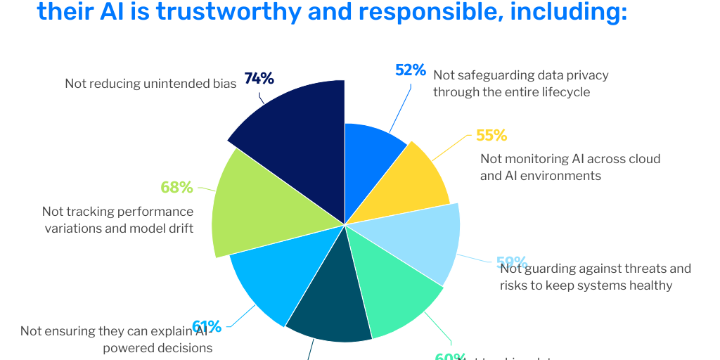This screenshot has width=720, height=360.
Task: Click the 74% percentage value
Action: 259,79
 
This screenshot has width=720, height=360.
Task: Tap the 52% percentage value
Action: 411,70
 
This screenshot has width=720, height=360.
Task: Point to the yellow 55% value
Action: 491,135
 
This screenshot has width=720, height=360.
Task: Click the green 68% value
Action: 176,188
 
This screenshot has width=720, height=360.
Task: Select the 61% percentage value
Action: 207,326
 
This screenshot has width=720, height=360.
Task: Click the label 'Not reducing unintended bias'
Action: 150,84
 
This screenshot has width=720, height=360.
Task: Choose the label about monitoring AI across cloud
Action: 570,167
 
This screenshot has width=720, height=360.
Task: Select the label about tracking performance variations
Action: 118,220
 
